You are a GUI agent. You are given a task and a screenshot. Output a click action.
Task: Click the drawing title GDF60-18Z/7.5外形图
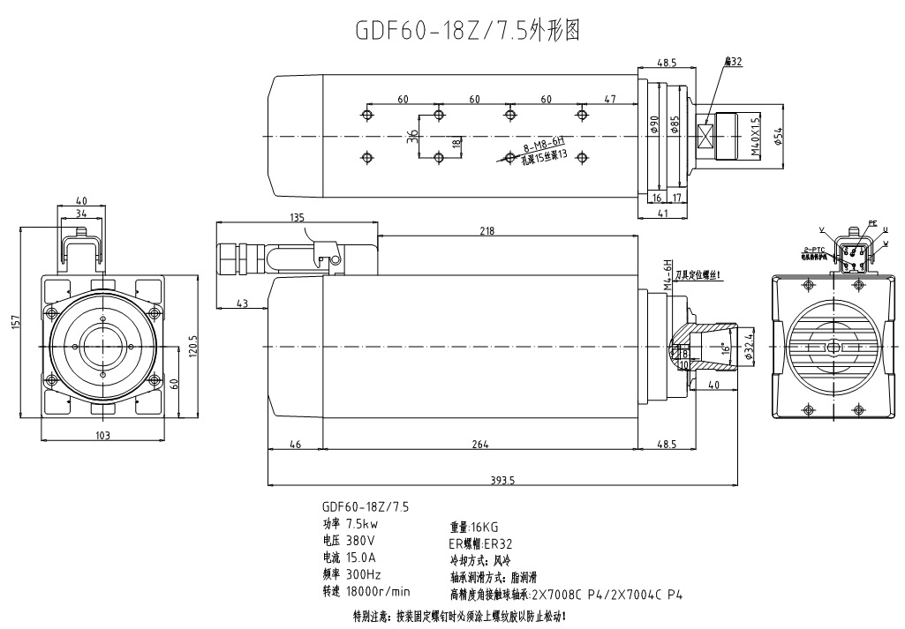point(467,31)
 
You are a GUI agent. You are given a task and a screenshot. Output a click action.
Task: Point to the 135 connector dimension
point(298,218)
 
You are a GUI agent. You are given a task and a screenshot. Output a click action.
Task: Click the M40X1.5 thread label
point(755,137)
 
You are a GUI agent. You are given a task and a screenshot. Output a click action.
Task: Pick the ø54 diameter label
point(778,137)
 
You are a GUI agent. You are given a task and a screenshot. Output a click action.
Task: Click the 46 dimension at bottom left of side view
point(295,444)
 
